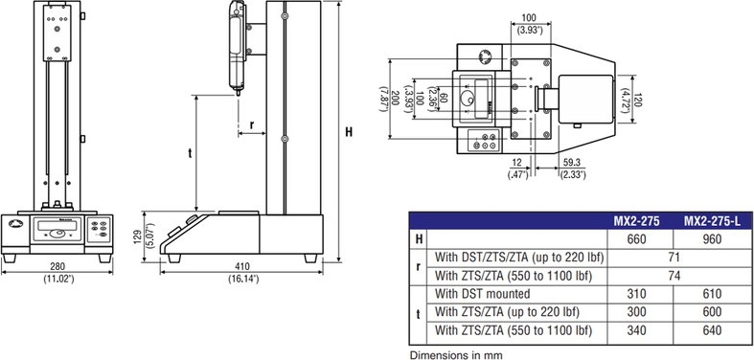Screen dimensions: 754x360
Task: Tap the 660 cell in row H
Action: (x=637, y=238)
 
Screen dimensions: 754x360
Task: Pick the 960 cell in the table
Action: (x=712, y=238)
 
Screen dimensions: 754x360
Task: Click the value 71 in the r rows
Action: (x=674, y=258)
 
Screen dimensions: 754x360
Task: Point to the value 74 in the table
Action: (x=674, y=276)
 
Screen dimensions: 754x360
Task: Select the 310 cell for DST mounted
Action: (x=637, y=294)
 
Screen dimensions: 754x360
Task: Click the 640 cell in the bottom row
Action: (x=712, y=330)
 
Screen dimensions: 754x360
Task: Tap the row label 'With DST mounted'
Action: (x=482, y=294)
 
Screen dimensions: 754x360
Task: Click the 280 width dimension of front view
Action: (x=57, y=266)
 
